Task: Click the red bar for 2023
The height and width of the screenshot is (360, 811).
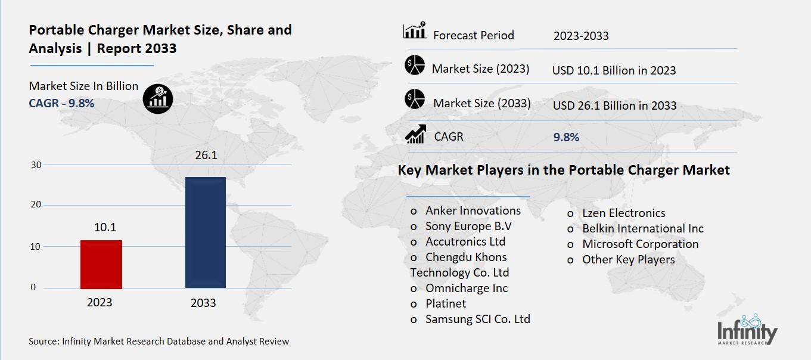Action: [101, 264]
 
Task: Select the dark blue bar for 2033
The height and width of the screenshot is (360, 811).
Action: [205, 232]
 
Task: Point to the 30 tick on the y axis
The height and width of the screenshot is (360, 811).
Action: [36, 165]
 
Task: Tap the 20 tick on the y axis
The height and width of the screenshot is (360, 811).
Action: [36, 204]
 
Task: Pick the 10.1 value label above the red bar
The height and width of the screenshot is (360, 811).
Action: [105, 227]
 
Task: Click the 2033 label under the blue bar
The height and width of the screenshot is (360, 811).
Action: [203, 303]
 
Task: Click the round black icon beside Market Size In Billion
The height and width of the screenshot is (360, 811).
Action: [157, 98]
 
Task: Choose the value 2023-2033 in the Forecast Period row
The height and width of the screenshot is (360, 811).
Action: [581, 36]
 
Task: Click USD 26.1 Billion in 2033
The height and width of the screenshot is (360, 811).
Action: [614, 105]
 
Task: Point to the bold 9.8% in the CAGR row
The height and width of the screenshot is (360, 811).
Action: [566, 137]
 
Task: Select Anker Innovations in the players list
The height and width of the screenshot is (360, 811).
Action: [473, 210]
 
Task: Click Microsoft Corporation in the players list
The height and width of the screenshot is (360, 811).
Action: [640, 244]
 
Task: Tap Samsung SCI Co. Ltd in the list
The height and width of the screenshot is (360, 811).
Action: [477, 319]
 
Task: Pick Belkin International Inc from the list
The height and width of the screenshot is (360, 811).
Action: [642, 228]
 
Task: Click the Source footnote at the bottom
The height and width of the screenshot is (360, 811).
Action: [159, 342]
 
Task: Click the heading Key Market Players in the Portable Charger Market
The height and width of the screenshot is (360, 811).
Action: [563, 170]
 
